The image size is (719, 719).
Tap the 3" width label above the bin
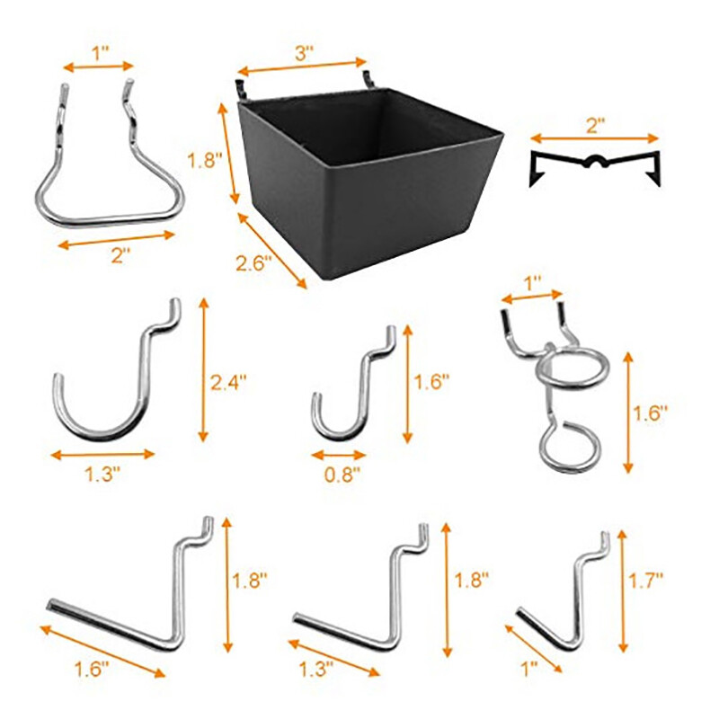[303, 53]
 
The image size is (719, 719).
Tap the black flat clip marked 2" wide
[595, 166]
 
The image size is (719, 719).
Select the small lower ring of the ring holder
[570, 446]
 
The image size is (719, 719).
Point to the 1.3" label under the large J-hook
[103, 476]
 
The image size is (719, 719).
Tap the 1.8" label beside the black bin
[202, 161]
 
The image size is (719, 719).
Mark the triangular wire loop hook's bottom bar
[108, 218]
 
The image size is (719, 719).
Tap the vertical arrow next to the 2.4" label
[204, 373]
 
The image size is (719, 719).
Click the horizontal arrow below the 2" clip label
[594, 138]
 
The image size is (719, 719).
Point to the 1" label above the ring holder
[533, 282]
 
